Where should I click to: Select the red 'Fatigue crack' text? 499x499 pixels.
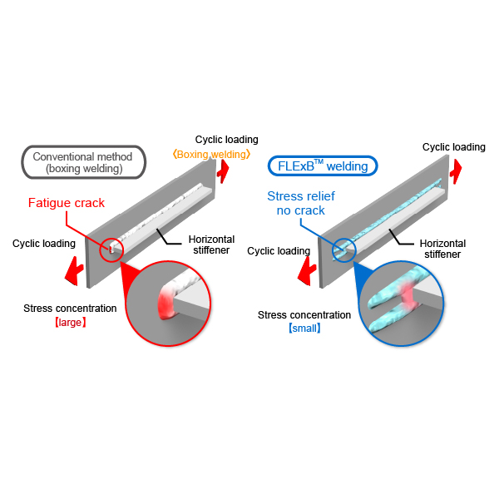pyautogui.click(x=67, y=203)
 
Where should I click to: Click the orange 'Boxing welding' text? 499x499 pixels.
pyautogui.click(x=211, y=155)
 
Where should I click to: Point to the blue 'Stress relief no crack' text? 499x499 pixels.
pyautogui.click(x=301, y=203)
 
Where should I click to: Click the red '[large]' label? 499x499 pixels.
pyautogui.click(x=71, y=323)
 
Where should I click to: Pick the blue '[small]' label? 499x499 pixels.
pyautogui.click(x=304, y=329)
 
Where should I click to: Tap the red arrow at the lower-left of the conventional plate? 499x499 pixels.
pyautogui.click(x=74, y=271)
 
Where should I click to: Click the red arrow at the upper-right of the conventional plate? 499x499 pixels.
pyautogui.click(x=223, y=171)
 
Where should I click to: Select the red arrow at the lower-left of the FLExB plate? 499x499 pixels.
pyautogui.click(x=307, y=271)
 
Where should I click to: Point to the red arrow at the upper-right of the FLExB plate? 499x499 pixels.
pyautogui.click(x=456, y=171)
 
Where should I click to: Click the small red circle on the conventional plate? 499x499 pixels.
pyautogui.click(x=100, y=250)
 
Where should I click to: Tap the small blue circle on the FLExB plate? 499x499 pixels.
pyautogui.click(x=333, y=250)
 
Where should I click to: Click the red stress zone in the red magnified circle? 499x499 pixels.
pyautogui.click(x=166, y=303)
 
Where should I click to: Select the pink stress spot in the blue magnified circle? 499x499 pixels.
pyautogui.click(x=408, y=295)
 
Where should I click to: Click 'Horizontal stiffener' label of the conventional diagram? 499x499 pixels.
pyautogui.click(x=211, y=245)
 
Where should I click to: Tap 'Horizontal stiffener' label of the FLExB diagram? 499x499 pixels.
pyautogui.click(x=442, y=249)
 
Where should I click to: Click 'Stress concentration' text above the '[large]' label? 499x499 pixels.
pyautogui.click(x=70, y=309)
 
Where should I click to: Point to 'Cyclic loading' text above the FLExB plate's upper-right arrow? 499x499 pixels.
pyautogui.click(x=454, y=147)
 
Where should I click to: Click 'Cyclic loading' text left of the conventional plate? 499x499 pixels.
pyautogui.click(x=44, y=244)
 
